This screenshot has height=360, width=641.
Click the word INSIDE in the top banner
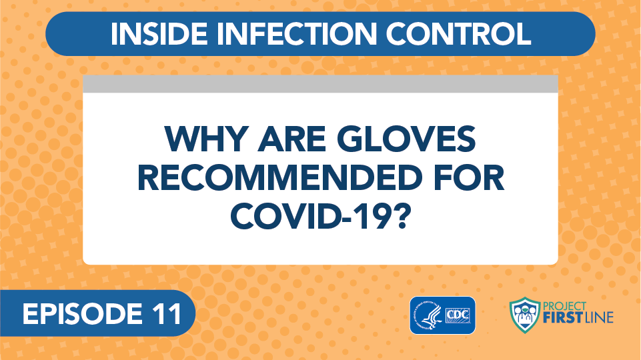[159, 33]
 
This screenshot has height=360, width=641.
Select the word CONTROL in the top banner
[458, 33]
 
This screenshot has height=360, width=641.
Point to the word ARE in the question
[291, 139]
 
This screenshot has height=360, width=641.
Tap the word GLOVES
[406, 139]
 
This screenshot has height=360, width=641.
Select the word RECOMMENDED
[280, 178]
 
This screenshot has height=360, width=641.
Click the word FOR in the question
[468, 178]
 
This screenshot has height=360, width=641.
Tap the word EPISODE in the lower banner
[77, 314]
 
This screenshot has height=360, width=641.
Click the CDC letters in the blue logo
[458, 315]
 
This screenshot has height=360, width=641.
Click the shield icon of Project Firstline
[524, 315]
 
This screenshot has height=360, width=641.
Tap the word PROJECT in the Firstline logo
[564, 306]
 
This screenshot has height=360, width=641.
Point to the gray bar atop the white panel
[320, 84]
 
